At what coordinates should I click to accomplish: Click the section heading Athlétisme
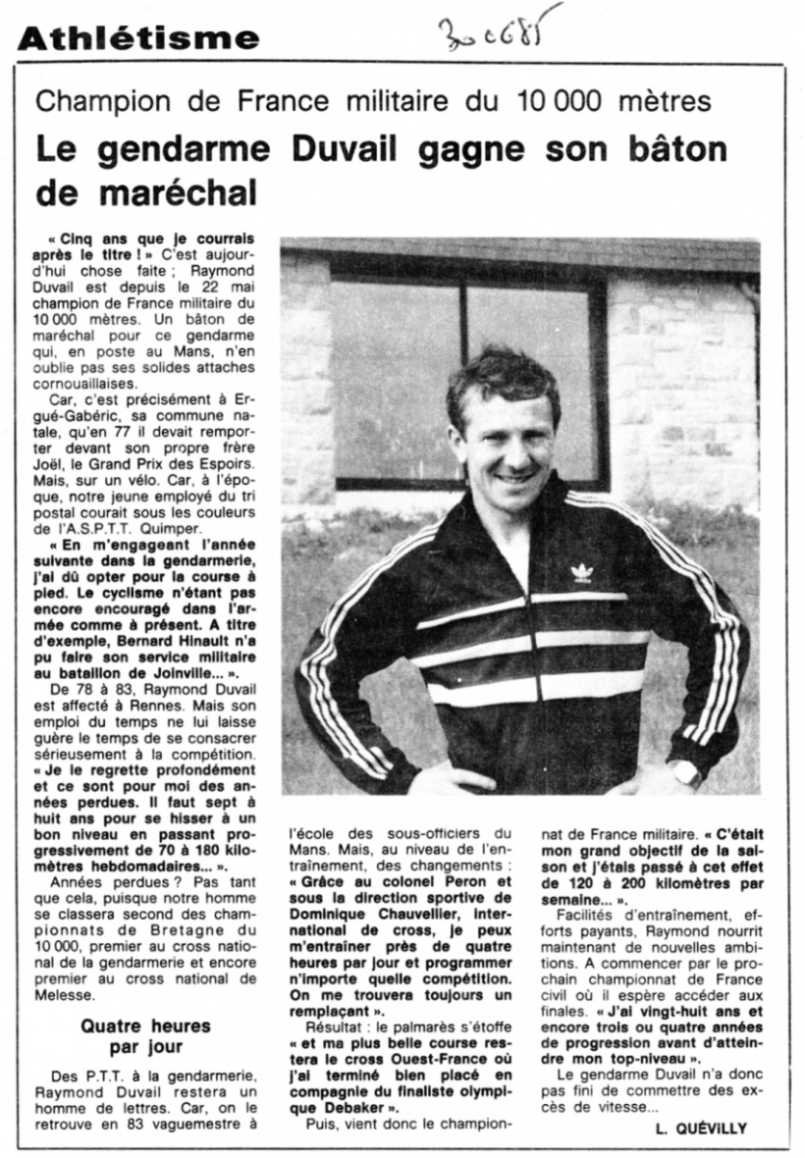point(138,38)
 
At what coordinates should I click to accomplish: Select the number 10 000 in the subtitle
point(543,102)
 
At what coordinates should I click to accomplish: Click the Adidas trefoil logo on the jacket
point(582,572)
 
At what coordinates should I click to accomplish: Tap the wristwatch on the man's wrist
point(685,773)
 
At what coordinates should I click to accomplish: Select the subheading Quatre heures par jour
point(145,1036)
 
